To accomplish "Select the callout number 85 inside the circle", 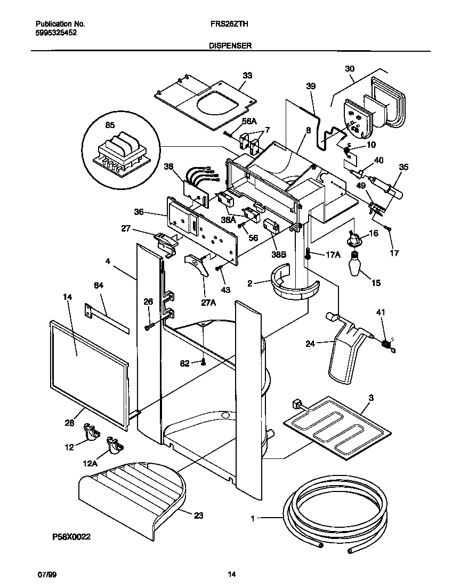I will click(x=109, y=126).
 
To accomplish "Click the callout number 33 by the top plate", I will click(x=247, y=76).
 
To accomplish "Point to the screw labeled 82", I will click(x=203, y=363).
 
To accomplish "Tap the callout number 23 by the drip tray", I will click(x=198, y=515).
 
